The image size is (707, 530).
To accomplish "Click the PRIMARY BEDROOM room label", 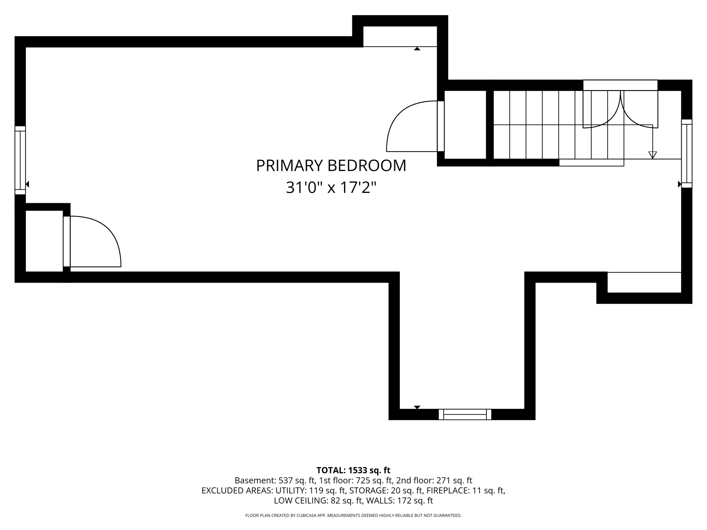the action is click(x=331, y=166).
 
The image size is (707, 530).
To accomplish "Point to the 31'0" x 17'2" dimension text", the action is click(x=331, y=188).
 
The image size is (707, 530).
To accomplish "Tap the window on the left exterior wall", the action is click(x=20, y=160).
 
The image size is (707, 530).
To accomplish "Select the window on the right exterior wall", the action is click(x=687, y=154).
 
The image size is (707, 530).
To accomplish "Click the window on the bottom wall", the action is click(x=465, y=414).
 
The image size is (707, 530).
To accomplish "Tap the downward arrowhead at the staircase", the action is click(x=652, y=155).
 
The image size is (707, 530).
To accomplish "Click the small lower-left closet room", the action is click(x=44, y=241).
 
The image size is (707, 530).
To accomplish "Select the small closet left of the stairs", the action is click(x=465, y=125).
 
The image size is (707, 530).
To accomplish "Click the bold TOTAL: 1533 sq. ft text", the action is click(x=353, y=470).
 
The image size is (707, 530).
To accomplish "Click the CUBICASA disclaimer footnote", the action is click(x=353, y=515).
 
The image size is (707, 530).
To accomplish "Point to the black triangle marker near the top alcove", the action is click(x=417, y=49).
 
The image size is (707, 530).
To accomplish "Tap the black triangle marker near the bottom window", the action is click(x=417, y=407).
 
